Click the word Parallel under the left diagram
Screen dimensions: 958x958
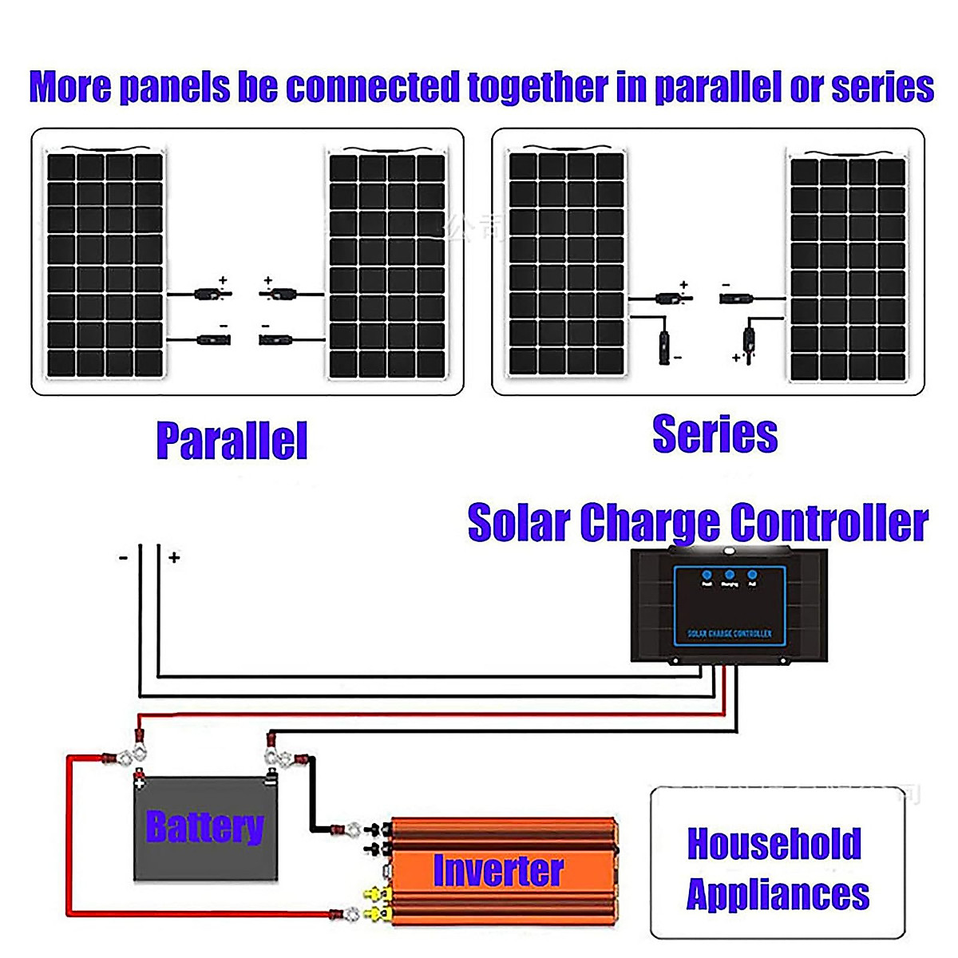click(x=232, y=441)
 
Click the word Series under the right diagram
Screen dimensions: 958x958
click(x=715, y=435)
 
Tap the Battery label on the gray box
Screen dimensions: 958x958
click(x=204, y=827)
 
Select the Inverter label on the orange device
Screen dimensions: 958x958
click(x=498, y=870)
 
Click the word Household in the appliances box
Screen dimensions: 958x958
click(x=774, y=844)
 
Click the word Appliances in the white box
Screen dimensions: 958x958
click(x=778, y=894)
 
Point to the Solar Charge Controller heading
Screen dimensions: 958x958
click(x=697, y=523)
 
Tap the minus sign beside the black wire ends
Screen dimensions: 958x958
click(x=123, y=558)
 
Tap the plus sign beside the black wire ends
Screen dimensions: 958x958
click(x=174, y=558)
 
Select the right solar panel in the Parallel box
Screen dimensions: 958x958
click(x=387, y=265)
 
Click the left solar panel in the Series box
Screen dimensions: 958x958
click(x=567, y=263)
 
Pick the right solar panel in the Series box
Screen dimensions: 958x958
click(x=848, y=270)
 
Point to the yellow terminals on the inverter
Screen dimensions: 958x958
click(x=372, y=902)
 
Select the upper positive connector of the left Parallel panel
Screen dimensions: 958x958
click(x=212, y=295)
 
